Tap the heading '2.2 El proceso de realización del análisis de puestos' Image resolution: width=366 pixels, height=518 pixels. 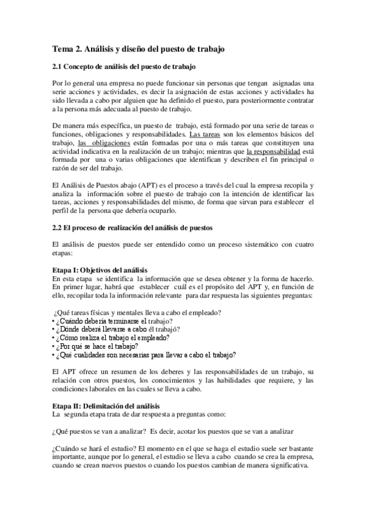coord(131,228)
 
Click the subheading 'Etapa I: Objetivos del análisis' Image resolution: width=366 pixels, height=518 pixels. coord(100,270)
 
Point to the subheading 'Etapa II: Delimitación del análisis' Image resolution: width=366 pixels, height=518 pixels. coord(106,407)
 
